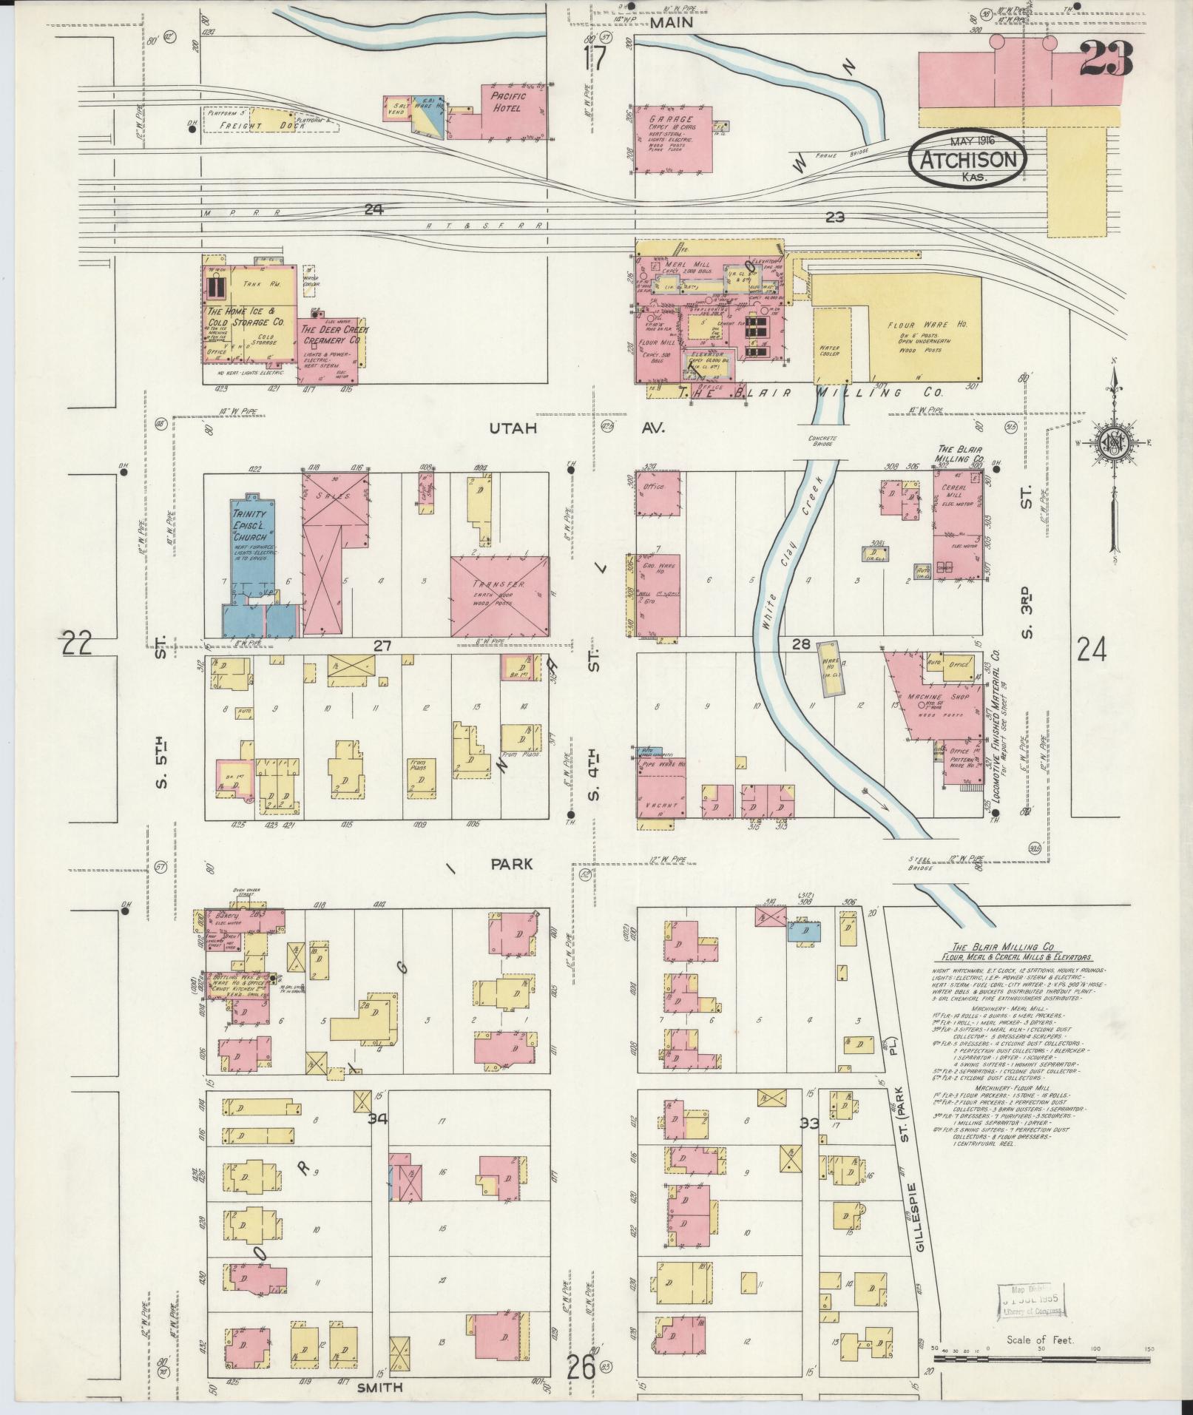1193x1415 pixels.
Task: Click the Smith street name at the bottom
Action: tap(380, 1388)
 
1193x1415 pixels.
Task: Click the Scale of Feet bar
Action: tap(1039, 1359)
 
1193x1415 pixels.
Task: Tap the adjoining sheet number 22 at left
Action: tap(76, 643)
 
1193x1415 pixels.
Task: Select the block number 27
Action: tap(382, 646)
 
